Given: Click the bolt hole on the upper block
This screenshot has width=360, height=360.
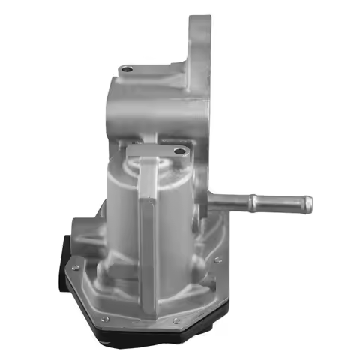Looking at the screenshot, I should click(127, 71).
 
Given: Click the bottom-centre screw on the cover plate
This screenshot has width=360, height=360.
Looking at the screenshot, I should click(175, 322).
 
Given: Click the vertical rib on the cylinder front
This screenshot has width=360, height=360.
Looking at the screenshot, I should click(148, 225).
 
